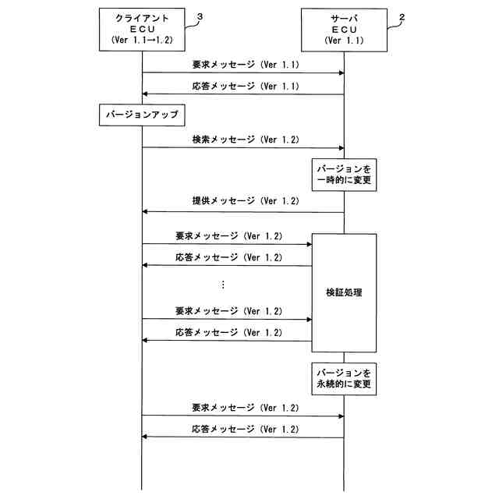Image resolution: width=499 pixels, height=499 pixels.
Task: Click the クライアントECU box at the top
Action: pos(142,30)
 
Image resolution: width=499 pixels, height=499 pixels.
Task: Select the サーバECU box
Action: pos(344,30)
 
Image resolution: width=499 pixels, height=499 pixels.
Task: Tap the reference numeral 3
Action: pos(200,17)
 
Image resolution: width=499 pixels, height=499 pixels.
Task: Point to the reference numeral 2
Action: pos(402,17)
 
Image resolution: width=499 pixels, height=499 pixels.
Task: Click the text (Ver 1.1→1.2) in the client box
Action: pos(142,40)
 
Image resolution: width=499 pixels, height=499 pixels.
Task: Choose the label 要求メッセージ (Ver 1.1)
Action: pos(246,65)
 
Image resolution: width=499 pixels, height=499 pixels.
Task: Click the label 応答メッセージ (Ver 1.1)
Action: pos(246,87)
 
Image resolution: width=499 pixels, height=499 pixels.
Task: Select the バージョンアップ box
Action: pos(142,115)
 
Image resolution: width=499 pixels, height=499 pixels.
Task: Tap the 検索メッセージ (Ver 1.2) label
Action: pos(246,140)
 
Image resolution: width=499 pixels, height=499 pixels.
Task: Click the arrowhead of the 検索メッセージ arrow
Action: pos(342,148)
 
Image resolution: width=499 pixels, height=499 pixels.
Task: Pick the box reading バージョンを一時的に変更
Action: pos(344,175)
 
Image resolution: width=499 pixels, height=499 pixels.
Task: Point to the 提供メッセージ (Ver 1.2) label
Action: pos(246,201)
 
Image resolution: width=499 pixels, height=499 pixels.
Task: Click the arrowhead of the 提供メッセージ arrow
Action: pos(144,211)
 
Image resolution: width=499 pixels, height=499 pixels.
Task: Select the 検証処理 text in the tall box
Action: pos(344,292)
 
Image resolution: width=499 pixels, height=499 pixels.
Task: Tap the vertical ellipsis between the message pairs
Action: pos(223,285)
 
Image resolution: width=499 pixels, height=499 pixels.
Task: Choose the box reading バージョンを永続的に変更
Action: pos(344,379)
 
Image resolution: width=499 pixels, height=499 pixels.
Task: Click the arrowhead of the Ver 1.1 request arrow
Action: pos(342,73)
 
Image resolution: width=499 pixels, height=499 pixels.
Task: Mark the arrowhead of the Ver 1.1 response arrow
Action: pos(144,94)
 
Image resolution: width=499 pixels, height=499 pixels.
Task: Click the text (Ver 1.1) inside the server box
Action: pos(344,41)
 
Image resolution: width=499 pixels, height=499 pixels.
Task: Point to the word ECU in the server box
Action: pos(344,30)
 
